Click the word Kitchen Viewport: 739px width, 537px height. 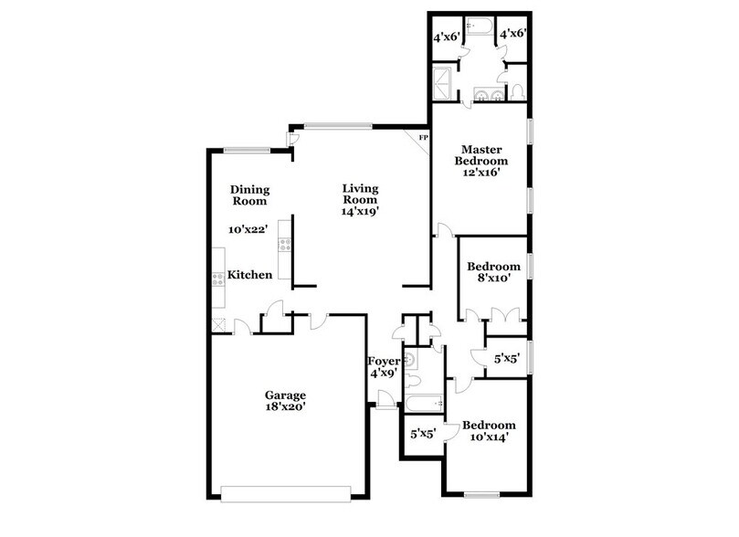(x=249, y=275)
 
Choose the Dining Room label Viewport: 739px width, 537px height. (x=248, y=195)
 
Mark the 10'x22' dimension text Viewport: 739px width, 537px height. (x=248, y=230)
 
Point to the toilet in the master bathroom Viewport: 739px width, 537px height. (x=516, y=91)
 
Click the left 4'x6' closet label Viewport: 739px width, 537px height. (x=445, y=37)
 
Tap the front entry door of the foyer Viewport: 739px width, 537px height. (x=385, y=400)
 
